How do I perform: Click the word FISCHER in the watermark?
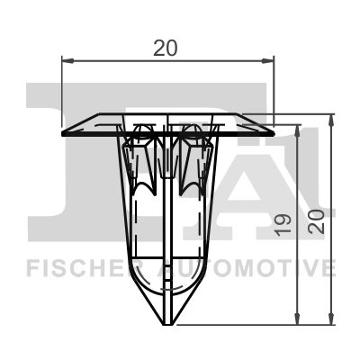click(76, 268)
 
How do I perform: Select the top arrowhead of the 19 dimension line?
click(297, 131)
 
